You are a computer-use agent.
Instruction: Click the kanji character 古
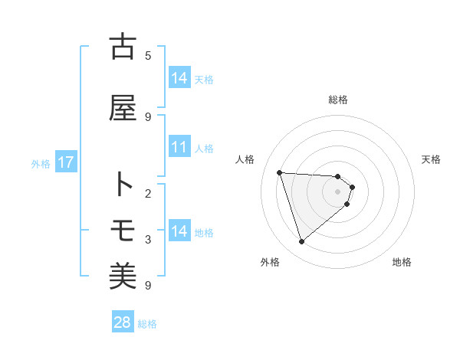(123, 47)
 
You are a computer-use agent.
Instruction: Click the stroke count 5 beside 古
(148, 55)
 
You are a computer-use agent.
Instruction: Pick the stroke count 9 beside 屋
(148, 116)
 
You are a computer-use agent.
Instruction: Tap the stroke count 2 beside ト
(148, 193)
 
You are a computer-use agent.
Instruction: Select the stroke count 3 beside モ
(148, 239)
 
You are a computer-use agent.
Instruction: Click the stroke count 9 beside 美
(148, 285)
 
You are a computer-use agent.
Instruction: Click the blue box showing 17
(65, 162)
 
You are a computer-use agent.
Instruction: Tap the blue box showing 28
(123, 322)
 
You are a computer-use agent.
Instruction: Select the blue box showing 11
(179, 147)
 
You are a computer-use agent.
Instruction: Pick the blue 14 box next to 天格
(179, 78)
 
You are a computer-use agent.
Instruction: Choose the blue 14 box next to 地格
(179, 231)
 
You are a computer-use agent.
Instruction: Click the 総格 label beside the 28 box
(147, 324)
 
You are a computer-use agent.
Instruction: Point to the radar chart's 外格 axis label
(270, 262)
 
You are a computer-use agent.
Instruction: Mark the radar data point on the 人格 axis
(280, 172)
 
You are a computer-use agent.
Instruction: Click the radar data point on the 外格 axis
(301, 242)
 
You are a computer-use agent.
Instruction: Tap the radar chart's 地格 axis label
(402, 262)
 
